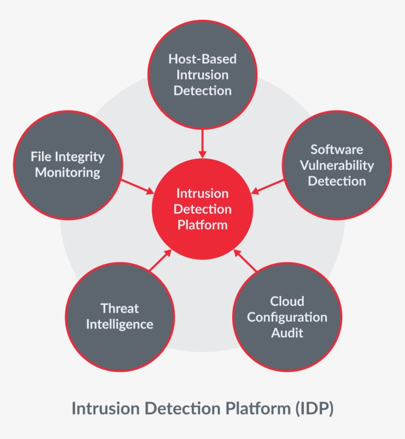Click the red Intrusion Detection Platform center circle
(x=202, y=209)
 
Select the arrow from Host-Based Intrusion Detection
(x=202, y=144)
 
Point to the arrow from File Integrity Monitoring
(x=138, y=187)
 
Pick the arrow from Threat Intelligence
(x=161, y=260)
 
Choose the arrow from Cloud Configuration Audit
(x=245, y=260)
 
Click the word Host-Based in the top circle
(x=202, y=59)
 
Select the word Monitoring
(x=68, y=173)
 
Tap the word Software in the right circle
(x=337, y=149)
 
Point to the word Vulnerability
(x=337, y=165)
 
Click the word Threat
(x=120, y=308)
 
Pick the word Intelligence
(x=120, y=325)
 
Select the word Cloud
(x=287, y=301)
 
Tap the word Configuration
(x=287, y=317)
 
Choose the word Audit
(x=287, y=333)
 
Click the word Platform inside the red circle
(x=202, y=225)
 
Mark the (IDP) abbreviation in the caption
(x=314, y=408)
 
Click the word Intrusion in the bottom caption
(x=106, y=408)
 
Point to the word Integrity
(x=80, y=157)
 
